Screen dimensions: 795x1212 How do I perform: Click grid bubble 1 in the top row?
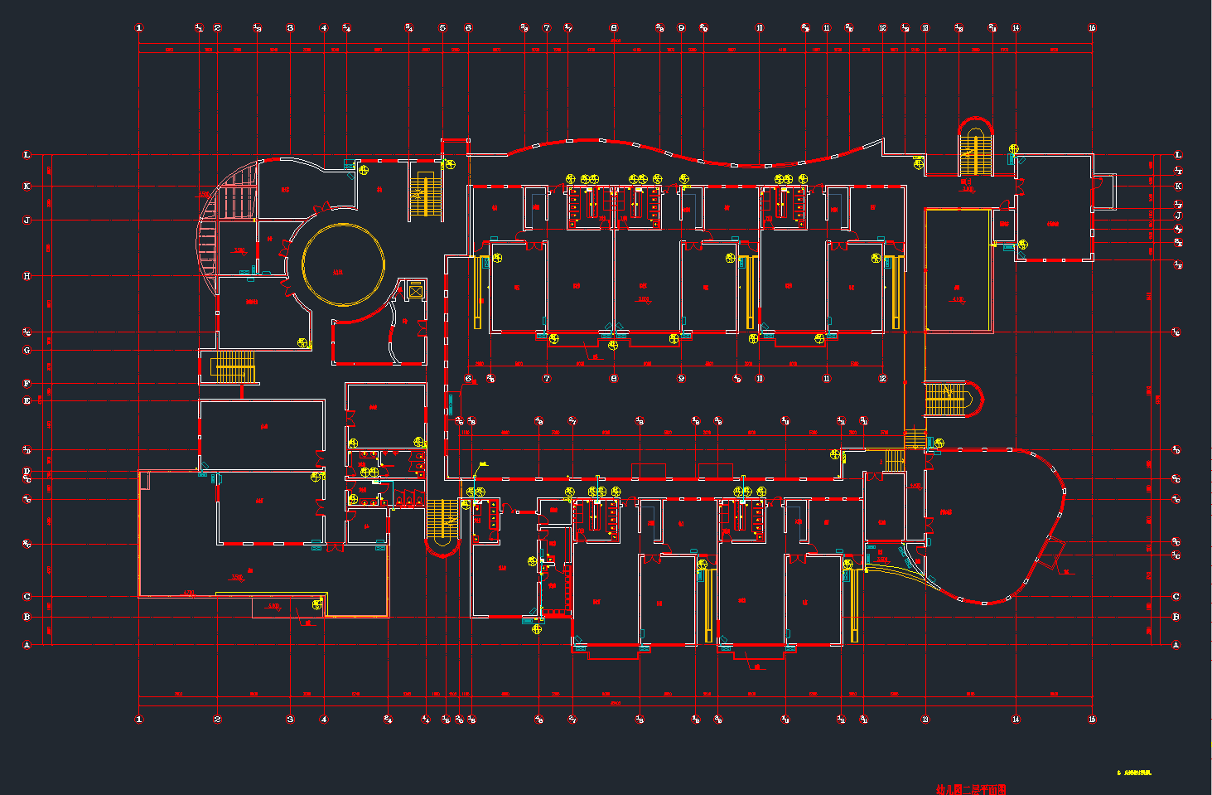pyautogui.click(x=139, y=28)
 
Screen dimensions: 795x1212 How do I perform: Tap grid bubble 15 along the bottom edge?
pyautogui.click(x=1092, y=720)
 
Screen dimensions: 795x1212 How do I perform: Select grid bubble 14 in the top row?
pyautogui.click(x=1016, y=28)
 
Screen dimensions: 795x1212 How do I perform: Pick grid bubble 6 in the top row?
pyautogui.click(x=469, y=28)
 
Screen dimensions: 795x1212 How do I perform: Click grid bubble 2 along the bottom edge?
pyautogui.click(x=218, y=720)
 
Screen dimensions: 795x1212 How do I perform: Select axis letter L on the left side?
pyautogui.click(x=27, y=155)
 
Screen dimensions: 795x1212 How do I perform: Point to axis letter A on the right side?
pyautogui.click(x=1176, y=644)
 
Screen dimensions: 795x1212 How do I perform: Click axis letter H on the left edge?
pyautogui.click(x=27, y=276)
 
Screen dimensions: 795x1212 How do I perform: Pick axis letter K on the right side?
pyautogui.click(x=1178, y=187)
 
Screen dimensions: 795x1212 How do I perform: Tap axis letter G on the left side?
pyautogui.click(x=27, y=351)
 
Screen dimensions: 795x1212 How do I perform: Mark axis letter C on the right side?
pyautogui.click(x=1176, y=596)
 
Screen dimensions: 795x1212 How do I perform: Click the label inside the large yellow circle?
pyautogui.click(x=337, y=272)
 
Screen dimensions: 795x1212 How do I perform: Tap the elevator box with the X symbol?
pyautogui.click(x=415, y=289)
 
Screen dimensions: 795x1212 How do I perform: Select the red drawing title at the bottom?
pyautogui.click(x=970, y=789)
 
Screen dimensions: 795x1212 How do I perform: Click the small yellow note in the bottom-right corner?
pyautogui.click(x=1135, y=773)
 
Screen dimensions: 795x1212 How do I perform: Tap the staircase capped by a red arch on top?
pyautogui.click(x=976, y=151)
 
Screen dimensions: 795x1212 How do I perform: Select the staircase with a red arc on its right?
pyautogui.click(x=947, y=400)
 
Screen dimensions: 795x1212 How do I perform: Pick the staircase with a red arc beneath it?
pyautogui.click(x=442, y=521)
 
